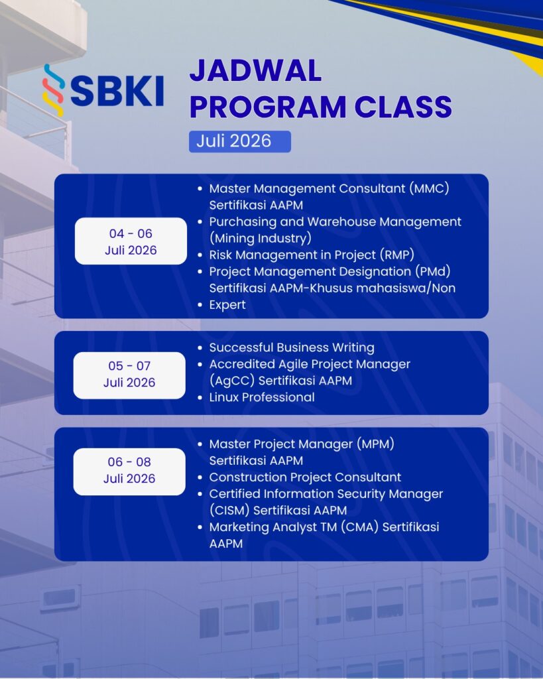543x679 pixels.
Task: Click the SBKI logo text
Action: tap(117, 91)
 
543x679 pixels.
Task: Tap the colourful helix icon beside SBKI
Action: tap(53, 90)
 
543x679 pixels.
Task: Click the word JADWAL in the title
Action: tap(255, 70)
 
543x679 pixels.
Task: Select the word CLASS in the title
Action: tap(403, 107)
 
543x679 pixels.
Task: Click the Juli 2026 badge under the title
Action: tap(240, 141)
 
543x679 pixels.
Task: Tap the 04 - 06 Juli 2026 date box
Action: tap(131, 241)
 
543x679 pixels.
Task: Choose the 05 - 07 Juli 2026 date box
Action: tap(129, 375)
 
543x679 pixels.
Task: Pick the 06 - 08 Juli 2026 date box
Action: tap(129, 471)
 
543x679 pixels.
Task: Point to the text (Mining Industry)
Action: tap(261, 238)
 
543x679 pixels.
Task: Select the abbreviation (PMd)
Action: tap(432, 271)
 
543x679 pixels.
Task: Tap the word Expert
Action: tap(227, 305)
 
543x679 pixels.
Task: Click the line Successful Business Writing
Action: tap(292, 347)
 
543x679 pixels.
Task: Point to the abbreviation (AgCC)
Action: tap(232, 381)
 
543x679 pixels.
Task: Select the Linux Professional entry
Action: tap(262, 397)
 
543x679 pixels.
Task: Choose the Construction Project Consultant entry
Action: tap(305, 477)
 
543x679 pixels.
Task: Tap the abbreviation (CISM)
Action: tap(229, 511)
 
